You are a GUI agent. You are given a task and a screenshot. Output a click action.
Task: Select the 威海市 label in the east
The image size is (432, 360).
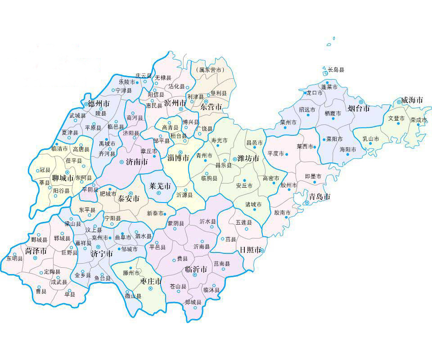(x=412, y=100)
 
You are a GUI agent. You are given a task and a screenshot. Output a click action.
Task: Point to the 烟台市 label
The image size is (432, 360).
(x=359, y=108)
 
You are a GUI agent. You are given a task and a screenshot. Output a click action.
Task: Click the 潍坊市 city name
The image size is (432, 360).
(x=248, y=159)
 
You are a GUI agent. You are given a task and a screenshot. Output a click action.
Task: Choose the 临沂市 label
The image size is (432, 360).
(x=196, y=269)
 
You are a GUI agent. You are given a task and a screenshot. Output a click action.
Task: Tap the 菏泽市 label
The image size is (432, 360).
(x=36, y=251)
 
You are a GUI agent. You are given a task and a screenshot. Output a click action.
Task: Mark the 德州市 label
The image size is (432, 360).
(x=99, y=103)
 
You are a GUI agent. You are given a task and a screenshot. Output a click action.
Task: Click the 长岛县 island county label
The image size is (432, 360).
(x=336, y=70)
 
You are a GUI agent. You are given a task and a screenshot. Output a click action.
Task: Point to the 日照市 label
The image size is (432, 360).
(x=250, y=250)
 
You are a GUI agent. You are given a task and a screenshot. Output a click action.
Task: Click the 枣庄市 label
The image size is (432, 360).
(x=151, y=281)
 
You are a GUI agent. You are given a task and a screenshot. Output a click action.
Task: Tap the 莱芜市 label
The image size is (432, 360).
(x=160, y=186)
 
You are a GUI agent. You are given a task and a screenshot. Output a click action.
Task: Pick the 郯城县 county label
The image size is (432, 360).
(x=193, y=302)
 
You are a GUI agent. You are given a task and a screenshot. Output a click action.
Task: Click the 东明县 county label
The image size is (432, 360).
(x=14, y=259)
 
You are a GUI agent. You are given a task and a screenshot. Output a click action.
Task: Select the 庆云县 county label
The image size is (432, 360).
(x=144, y=76)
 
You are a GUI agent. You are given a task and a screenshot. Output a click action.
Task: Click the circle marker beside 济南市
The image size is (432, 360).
(x=121, y=162)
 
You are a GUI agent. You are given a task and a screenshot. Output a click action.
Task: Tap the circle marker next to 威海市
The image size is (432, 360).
(x=399, y=102)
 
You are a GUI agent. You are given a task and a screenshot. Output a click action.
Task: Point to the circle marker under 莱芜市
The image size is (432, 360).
(x=158, y=193)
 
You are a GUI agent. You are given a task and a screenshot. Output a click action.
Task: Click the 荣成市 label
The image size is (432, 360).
(x=418, y=120)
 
